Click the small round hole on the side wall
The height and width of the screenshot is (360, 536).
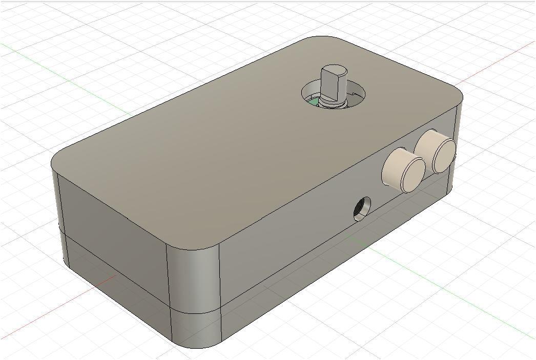point(362,208)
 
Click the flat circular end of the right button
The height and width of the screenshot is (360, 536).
point(444,155)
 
